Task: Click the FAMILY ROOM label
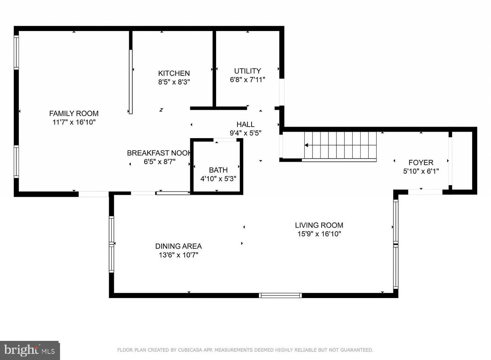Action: (x=74, y=113)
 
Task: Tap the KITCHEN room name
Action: (x=174, y=73)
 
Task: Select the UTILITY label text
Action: (x=247, y=71)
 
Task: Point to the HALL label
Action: (x=245, y=124)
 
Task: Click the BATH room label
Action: (x=218, y=170)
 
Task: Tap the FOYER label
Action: (x=421, y=163)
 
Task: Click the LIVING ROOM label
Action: (x=319, y=225)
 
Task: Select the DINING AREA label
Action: (x=178, y=246)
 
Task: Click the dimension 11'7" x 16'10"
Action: (x=74, y=122)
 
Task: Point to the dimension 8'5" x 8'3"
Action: (x=174, y=82)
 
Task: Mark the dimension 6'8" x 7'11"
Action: (x=247, y=80)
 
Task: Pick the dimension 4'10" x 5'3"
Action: (x=218, y=179)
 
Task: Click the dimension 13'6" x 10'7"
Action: (x=178, y=255)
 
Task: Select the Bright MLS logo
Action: (x=29, y=350)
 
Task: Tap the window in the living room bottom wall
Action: (x=280, y=295)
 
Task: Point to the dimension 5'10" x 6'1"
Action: (x=421, y=171)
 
